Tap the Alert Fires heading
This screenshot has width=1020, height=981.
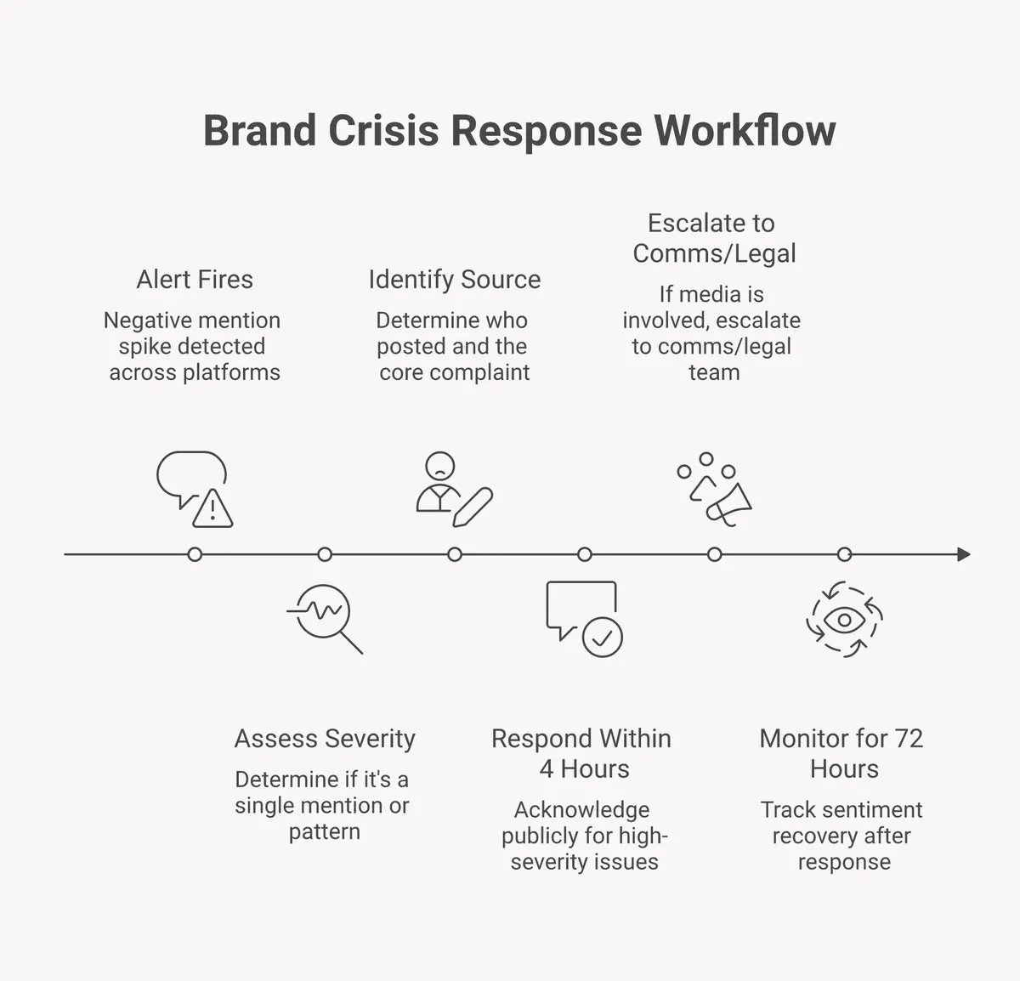point(195,280)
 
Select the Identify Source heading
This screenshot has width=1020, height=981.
point(454,280)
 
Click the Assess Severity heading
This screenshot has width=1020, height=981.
point(325,739)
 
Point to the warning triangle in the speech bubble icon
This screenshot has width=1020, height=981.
point(212,510)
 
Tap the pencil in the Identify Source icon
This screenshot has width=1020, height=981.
point(473,508)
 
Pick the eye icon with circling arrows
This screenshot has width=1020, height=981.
point(844,620)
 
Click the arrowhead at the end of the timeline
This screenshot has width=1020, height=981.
point(963,554)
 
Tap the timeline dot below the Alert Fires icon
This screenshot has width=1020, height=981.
point(195,554)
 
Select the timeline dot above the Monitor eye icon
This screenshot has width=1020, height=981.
point(844,554)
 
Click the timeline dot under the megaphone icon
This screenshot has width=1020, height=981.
point(714,554)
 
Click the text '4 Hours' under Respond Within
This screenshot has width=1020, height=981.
point(585,769)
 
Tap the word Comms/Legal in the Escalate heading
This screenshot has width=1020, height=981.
point(714,253)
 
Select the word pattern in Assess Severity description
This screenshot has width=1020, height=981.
point(324,831)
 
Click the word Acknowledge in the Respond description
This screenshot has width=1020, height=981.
point(581,809)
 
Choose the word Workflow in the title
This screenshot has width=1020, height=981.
point(745,131)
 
